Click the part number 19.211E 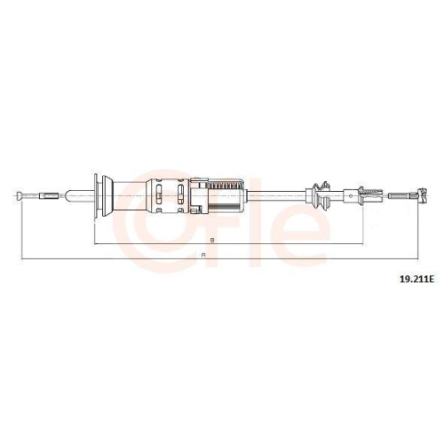(x=416, y=279)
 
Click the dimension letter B (x=212, y=240)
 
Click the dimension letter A (x=203, y=255)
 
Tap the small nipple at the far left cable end (x=20, y=195)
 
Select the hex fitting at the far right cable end (x=421, y=195)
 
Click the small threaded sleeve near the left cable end (x=49, y=195)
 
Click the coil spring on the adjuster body (x=226, y=186)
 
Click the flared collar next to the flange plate (x=107, y=195)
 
